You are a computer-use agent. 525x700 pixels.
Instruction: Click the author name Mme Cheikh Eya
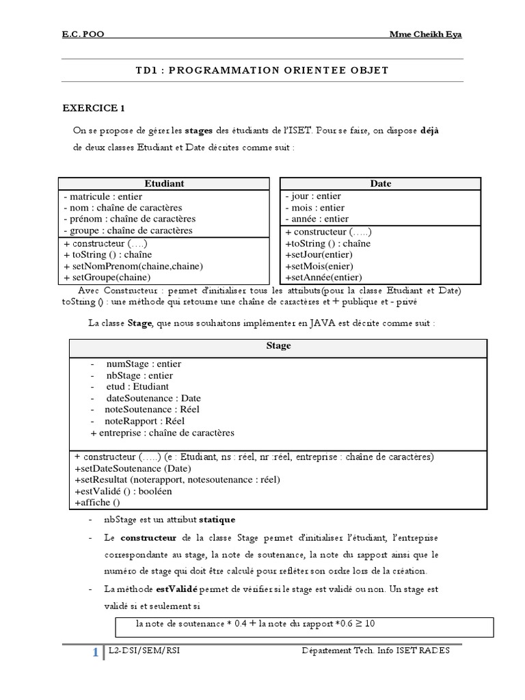pos(425,35)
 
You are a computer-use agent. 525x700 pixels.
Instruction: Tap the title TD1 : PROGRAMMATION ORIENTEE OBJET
pos(262,70)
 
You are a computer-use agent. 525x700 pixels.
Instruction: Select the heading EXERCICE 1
pos(94,108)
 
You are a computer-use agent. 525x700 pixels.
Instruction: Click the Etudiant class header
pos(164,184)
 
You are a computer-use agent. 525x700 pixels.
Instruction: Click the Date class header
pos(381,184)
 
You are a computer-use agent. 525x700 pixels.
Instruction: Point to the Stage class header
pos(278,346)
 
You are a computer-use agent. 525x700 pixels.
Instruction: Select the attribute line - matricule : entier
pos(103,196)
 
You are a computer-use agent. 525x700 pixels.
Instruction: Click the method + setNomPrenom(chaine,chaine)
pos(133,266)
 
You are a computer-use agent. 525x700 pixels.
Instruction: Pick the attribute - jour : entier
pos(313,196)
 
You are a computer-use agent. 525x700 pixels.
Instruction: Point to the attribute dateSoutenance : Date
pos(153,398)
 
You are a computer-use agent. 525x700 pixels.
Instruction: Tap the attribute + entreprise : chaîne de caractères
pos(162,433)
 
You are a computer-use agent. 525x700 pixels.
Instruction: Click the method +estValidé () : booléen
pos(123,491)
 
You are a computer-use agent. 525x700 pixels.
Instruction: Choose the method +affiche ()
pos(97,502)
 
